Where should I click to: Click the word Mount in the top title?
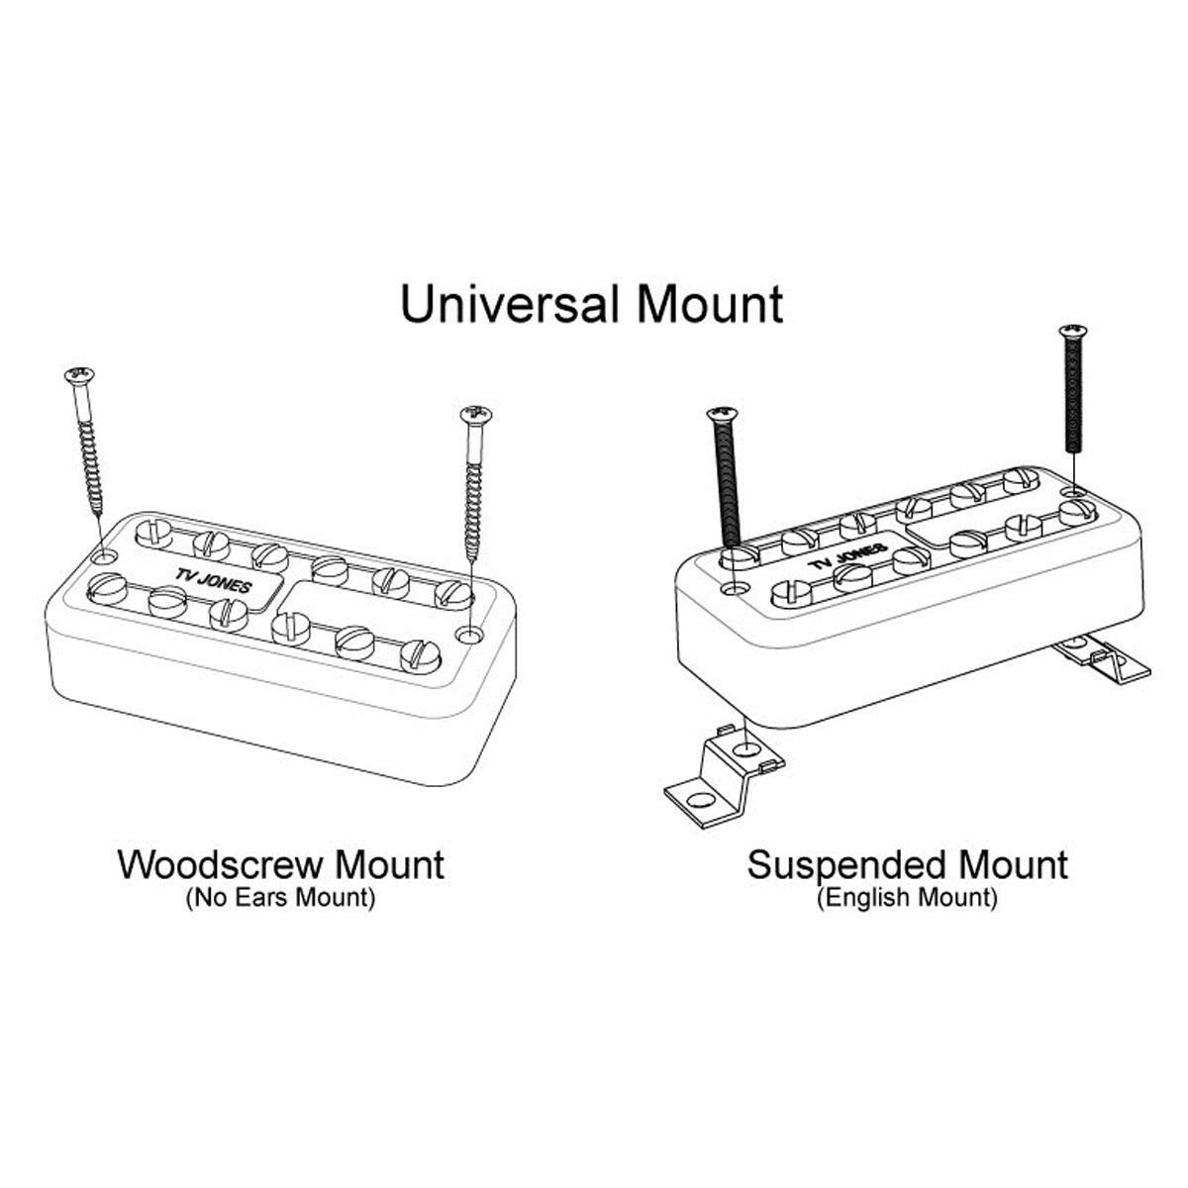(710, 304)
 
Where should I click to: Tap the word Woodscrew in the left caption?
(216, 864)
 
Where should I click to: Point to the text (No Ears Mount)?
(280, 897)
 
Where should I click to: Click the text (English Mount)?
(907, 898)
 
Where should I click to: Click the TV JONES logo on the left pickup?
(213, 581)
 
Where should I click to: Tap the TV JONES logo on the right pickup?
(848, 555)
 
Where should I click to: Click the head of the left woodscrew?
(79, 374)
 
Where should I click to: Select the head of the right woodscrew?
(476, 413)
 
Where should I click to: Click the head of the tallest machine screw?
(1073, 332)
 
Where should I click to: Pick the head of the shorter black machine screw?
(722, 414)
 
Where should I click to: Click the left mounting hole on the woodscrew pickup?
(104, 557)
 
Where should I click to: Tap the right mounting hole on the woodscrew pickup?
(470, 634)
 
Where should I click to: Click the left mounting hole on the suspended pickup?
(734, 589)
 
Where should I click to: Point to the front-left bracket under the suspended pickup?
(725, 777)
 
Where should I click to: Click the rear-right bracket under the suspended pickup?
(1102, 661)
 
